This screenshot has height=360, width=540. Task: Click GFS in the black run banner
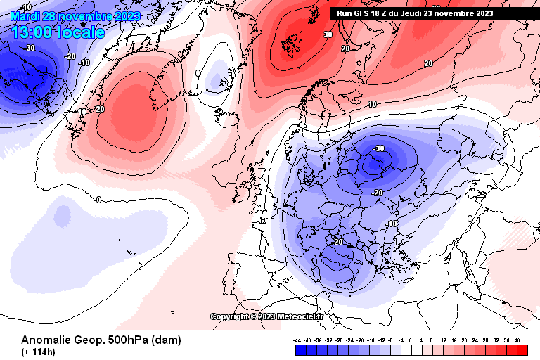tap(364, 13)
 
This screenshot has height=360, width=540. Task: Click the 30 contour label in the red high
tap(328, 34)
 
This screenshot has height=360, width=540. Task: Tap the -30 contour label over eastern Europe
tap(379, 148)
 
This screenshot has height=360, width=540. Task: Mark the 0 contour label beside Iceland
tap(198, 73)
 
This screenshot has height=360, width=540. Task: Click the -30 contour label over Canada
tap(29, 48)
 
